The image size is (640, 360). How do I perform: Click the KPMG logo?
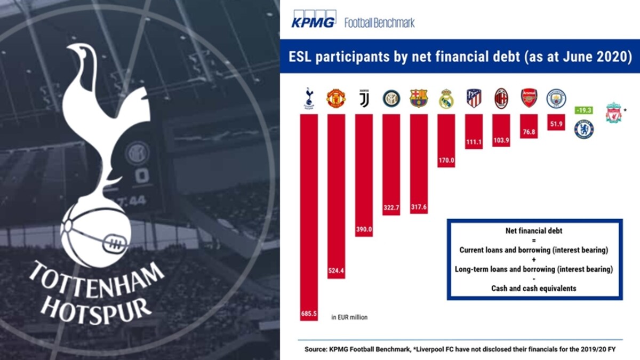coord(314,19)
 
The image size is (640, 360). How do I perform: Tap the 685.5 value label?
coord(309,314)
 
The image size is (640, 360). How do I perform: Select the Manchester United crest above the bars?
coord(336,98)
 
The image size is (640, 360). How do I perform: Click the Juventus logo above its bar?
coord(364,98)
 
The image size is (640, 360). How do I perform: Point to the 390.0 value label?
coord(364,229)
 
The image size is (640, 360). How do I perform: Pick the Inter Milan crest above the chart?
coord(391,98)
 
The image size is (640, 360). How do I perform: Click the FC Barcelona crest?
coord(419,98)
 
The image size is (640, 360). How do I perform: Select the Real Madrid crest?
coord(446,99)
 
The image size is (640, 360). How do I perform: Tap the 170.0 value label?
coord(446,161)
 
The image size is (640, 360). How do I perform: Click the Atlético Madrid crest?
coord(474,98)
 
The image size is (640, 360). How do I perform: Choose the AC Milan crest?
coord(501,98)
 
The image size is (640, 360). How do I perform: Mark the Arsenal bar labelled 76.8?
coord(529,126)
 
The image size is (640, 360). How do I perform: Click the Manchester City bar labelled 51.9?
coord(556,122)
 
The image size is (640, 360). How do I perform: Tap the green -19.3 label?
coord(583,110)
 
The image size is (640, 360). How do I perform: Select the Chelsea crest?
coord(584,129)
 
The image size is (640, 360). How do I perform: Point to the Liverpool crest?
coord(613,113)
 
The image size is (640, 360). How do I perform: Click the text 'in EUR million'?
coord(349,317)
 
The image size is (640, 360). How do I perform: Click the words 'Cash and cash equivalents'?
coord(534,289)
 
